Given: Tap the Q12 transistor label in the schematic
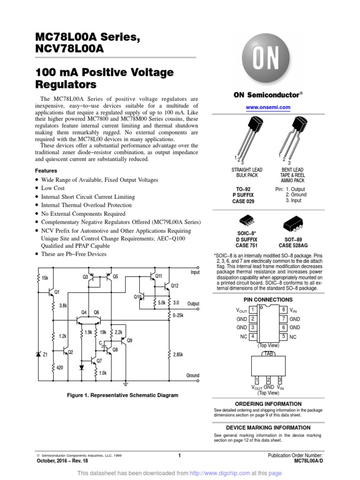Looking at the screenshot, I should point(175,285).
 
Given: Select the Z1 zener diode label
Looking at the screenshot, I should point(45,355).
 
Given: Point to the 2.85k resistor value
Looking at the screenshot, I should point(179,355).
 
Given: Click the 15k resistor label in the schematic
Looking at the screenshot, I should point(45,278).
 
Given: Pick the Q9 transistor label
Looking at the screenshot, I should point(129,340).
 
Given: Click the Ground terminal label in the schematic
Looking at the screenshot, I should point(193,375).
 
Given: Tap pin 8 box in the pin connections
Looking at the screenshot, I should point(284,309).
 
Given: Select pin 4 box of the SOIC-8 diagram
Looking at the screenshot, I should point(253,337).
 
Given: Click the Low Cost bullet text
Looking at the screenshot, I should point(53,188).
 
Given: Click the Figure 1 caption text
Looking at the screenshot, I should point(123,395).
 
